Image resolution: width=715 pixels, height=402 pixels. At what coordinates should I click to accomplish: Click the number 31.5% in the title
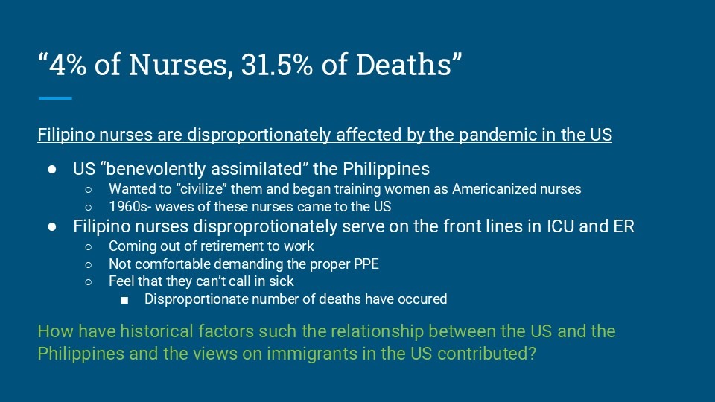pyautogui.click(x=277, y=64)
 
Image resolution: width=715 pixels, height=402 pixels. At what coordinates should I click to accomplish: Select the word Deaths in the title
pyautogui.click(x=404, y=64)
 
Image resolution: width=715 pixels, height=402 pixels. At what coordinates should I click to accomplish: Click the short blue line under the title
pyautogui.click(x=55, y=98)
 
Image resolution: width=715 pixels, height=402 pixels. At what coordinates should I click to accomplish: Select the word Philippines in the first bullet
pyautogui.click(x=387, y=169)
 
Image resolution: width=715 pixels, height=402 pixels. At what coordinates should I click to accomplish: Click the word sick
pyautogui.click(x=282, y=281)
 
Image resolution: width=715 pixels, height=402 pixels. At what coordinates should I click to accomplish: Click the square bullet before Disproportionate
pyautogui.click(x=124, y=300)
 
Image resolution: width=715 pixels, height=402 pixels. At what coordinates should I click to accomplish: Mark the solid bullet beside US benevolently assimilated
pyautogui.click(x=52, y=170)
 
